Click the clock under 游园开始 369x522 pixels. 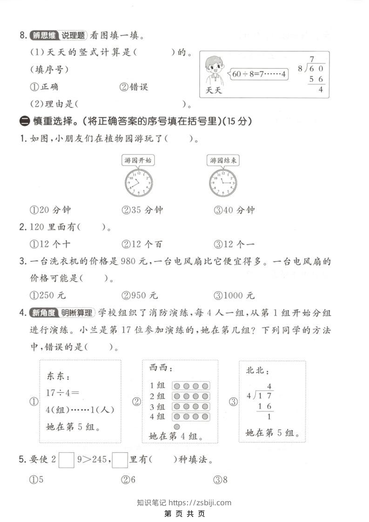click(x=139, y=182)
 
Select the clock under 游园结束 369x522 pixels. click(x=222, y=182)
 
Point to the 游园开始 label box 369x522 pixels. click(x=138, y=161)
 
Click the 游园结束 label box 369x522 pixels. click(x=223, y=161)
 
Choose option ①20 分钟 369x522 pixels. click(x=50, y=210)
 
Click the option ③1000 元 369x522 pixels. click(x=235, y=295)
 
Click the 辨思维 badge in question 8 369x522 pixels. click(x=42, y=35)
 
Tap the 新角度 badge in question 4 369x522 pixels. click(x=43, y=313)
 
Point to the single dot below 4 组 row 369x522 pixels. click(x=177, y=427)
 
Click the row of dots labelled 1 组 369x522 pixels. click(x=191, y=386)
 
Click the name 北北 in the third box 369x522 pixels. click(x=257, y=371)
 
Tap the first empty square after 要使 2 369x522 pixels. click(x=67, y=460)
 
